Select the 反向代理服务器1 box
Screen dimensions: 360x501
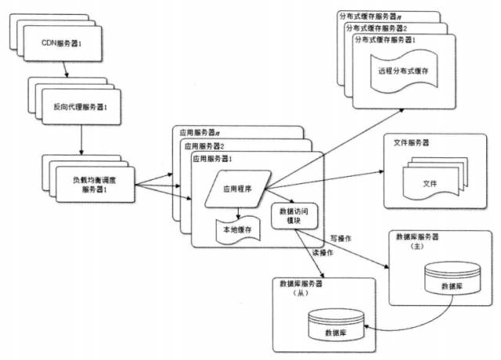(85, 106)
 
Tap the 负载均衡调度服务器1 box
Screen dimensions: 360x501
(99, 186)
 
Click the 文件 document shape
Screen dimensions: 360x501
(430, 182)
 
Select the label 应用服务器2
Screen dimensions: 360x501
(204, 146)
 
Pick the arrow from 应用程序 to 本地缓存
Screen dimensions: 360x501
(237, 211)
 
